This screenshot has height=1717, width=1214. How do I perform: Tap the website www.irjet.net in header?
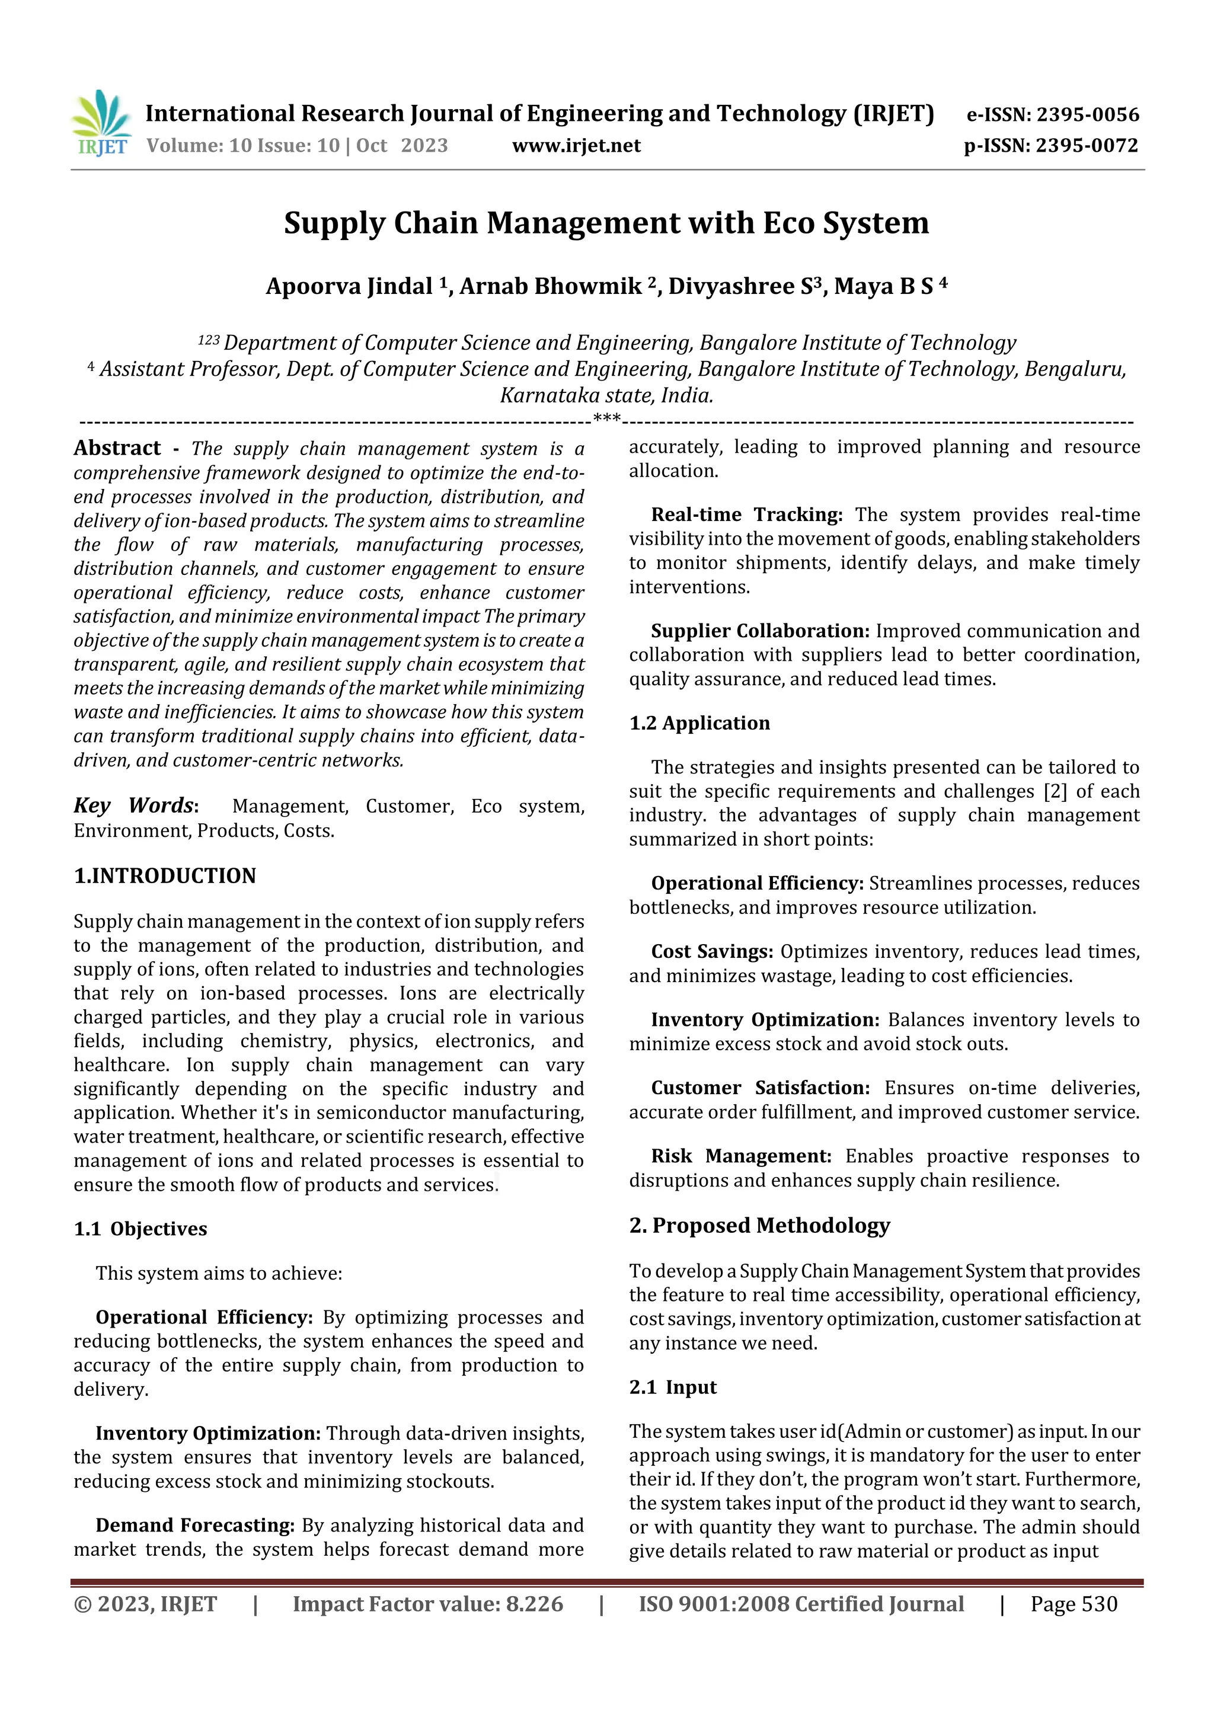[x=576, y=146]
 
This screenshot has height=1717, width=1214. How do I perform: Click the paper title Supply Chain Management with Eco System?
[x=606, y=223]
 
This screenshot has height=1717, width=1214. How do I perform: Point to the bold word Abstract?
[x=117, y=448]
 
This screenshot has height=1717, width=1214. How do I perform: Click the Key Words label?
[x=135, y=805]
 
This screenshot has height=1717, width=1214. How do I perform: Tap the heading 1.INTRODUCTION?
[x=165, y=876]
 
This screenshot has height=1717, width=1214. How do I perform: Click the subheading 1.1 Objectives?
[x=140, y=1229]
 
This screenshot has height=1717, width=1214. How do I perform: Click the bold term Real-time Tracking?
[x=746, y=514]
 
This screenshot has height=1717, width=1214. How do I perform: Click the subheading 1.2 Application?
[x=699, y=723]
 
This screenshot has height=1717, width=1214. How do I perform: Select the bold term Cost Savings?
[x=712, y=952]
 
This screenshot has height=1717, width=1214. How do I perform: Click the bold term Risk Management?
[x=740, y=1156]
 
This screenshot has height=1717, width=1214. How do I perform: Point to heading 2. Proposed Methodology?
[x=759, y=1226]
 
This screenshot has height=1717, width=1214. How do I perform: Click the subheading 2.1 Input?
[x=672, y=1387]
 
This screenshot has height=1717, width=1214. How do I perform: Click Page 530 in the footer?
[x=1074, y=1604]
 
